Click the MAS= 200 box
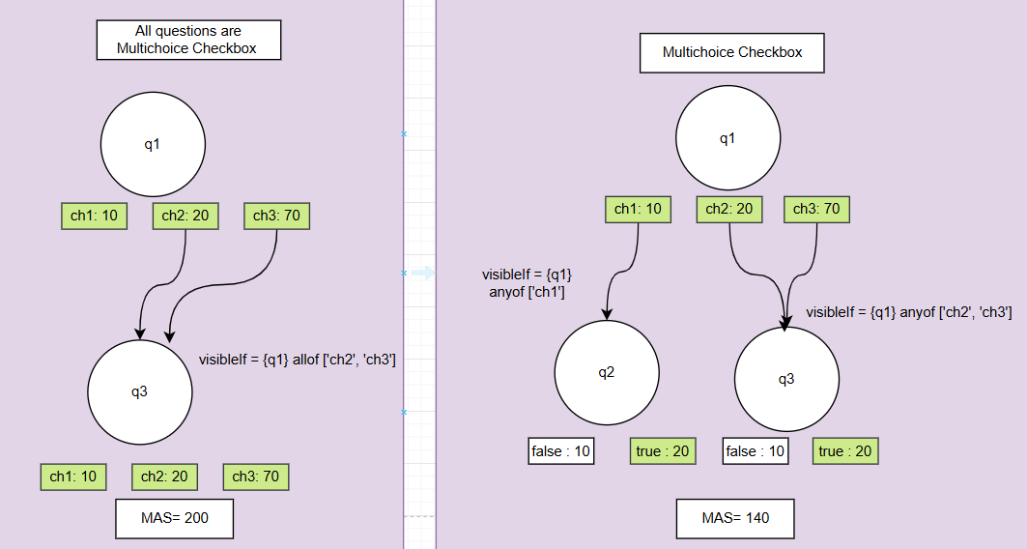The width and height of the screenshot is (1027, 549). pyautogui.click(x=175, y=518)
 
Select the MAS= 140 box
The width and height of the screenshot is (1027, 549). pyautogui.click(x=735, y=518)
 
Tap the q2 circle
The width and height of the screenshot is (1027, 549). pyautogui.click(x=607, y=373)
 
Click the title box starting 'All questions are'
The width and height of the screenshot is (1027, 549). pyautogui.click(x=188, y=40)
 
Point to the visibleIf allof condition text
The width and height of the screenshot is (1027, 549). pyautogui.click(x=298, y=360)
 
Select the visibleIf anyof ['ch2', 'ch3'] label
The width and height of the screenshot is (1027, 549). pyautogui.click(x=909, y=312)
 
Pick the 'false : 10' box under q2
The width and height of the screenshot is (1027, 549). pyautogui.click(x=561, y=450)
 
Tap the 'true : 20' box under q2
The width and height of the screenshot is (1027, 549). pyautogui.click(x=662, y=450)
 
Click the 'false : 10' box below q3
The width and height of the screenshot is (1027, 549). pyautogui.click(x=756, y=450)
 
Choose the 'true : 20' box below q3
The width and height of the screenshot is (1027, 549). pyautogui.click(x=844, y=450)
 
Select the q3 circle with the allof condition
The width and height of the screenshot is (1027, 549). pyautogui.click(x=140, y=391)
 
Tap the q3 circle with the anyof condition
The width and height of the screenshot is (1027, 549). pyautogui.click(x=786, y=379)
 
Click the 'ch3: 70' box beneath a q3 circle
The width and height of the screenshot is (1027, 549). pyautogui.click(x=257, y=477)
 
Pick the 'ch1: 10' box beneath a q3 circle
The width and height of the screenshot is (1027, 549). pyautogui.click(x=73, y=477)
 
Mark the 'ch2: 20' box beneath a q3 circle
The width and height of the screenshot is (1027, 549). pyautogui.click(x=164, y=477)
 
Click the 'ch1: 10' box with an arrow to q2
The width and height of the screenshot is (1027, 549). pyautogui.click(x=639, y=209)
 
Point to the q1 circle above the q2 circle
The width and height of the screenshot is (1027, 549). pyautogui.click(x=727, y=138)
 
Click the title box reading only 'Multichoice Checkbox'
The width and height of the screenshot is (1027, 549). pyautogui.click(x=732, y=52)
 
